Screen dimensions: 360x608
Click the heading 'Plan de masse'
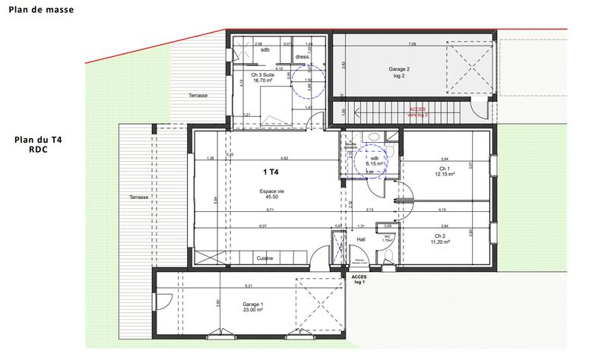36,13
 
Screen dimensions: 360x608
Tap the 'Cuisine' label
265,258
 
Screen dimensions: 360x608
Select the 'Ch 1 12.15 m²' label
444,172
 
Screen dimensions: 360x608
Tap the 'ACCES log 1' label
359,279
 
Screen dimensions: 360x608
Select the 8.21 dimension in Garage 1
249,286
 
